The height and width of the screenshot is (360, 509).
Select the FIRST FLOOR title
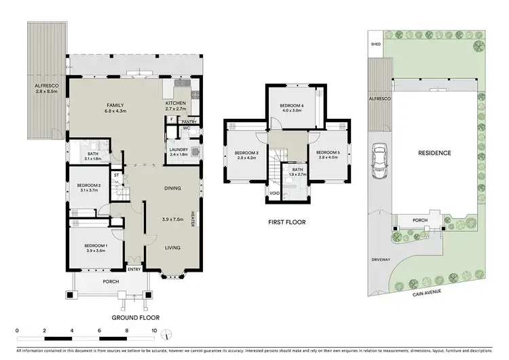[x=287, y=222]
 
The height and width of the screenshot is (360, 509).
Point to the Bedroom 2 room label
[x=89, y=185]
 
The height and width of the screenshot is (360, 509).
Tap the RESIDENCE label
[x=434, y=153]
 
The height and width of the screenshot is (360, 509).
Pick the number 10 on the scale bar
[x=156, y=332]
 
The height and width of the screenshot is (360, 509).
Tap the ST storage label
[x=116, y=175]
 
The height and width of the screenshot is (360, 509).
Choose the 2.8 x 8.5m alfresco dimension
[x=47, y=90]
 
